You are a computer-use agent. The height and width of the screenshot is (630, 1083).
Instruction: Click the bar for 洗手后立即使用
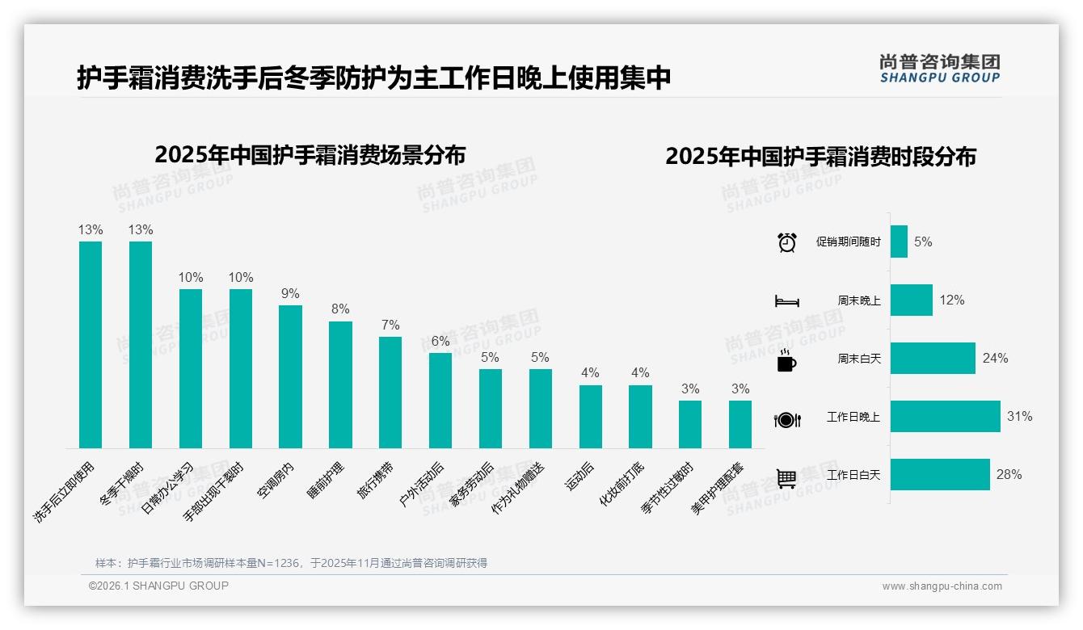[91, 345]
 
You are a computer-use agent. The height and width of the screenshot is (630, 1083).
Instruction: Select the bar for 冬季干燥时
[141, 345]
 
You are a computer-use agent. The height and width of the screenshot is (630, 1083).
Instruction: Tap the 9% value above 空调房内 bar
[290, 294]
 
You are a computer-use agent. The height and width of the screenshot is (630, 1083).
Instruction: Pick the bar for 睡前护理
[340, 384]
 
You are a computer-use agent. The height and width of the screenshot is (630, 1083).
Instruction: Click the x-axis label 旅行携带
[376, 481]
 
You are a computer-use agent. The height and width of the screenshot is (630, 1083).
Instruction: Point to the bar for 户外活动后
[440, 401]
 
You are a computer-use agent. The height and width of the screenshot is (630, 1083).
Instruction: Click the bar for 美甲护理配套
[740, 424]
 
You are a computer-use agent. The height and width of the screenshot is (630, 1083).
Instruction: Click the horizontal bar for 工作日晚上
[945, 417]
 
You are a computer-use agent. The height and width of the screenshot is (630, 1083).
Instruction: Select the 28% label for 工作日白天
[1009, 475]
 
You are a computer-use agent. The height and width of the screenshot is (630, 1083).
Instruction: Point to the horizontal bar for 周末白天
[933, 359]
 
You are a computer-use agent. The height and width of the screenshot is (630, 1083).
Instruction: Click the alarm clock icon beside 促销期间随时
[786, 242]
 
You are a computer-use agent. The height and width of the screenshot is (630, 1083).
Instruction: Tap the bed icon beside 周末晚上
[786, 301]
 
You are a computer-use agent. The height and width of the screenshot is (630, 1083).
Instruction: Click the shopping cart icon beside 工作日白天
[786, 478]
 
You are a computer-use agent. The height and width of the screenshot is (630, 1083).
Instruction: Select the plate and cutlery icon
[786, 419]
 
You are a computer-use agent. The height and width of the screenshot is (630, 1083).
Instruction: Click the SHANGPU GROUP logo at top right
[939, 69]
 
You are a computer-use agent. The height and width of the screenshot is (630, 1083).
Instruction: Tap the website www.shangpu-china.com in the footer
[942, 586]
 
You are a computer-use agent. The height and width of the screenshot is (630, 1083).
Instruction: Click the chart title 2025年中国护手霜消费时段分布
[820, 157]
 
